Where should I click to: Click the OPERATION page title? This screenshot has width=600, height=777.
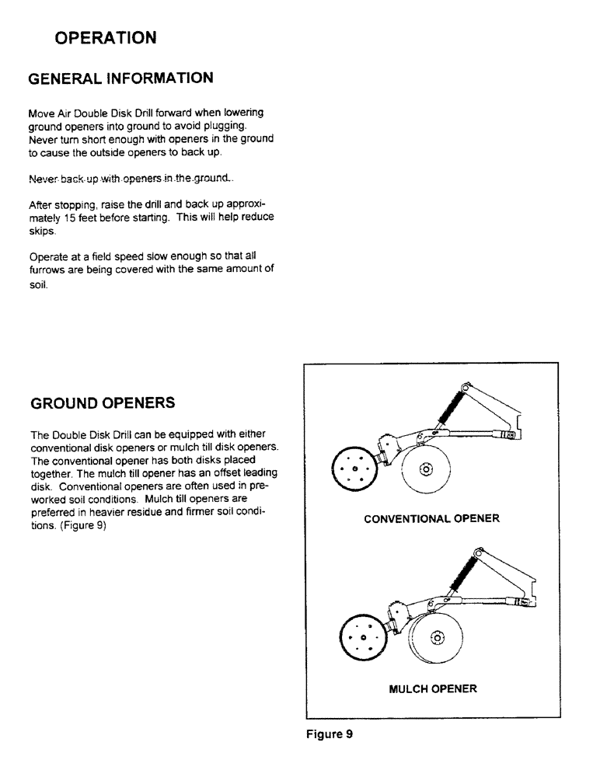pyautogui.click(x=106, y=37)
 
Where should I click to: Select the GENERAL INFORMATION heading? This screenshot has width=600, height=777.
pyautogui.click(x=120, y=78)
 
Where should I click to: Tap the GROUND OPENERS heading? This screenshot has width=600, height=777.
pyautogui.click(x=102, y=403)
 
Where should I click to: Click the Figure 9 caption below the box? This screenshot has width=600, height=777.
pyautogui.click(x=330, y=734)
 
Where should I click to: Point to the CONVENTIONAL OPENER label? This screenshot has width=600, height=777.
pyautogui.click(x=431, y=518)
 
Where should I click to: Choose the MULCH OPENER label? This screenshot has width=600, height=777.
pyautogui.click(x=433, y=688)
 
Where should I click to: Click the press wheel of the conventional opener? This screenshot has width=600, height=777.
pyautogui.click(x=354, y=469)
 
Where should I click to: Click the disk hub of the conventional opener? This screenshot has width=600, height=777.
pyautogui.click(x=425, y=469)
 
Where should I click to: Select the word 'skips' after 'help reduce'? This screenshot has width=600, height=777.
pyautogui.click(x=43, y=232)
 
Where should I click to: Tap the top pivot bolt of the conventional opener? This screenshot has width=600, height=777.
pyautogui.click(x=466, y=385)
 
